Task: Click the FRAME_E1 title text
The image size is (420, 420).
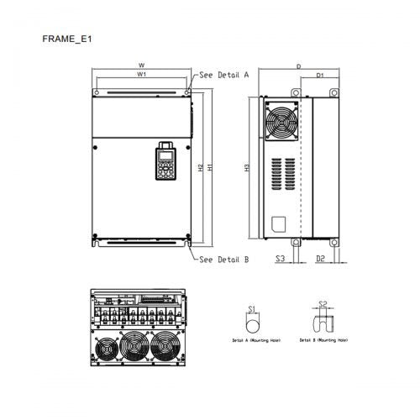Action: (x=66, y=39)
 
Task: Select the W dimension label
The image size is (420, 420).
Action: (x=141, y=65)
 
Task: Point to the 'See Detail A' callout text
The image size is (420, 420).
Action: (x=224, y=75)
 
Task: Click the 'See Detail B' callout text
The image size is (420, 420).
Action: (x=224, y=260)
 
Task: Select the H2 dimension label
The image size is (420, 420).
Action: (x=200, y=167)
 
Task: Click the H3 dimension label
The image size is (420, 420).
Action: (x=246, y=167)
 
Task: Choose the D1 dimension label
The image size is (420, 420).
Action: (x=320, y=76)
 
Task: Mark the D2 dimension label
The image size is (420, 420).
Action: (x=320, y=260)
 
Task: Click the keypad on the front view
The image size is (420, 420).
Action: (x=164, y=161)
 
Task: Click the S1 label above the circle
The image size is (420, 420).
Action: (x=251, y=309)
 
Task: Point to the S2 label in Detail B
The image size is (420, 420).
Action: (x=322, y=305)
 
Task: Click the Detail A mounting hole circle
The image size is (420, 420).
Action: (x=251, y=324)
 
